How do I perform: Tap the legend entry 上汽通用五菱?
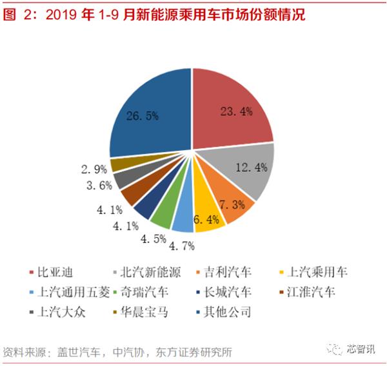[64, 293]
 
